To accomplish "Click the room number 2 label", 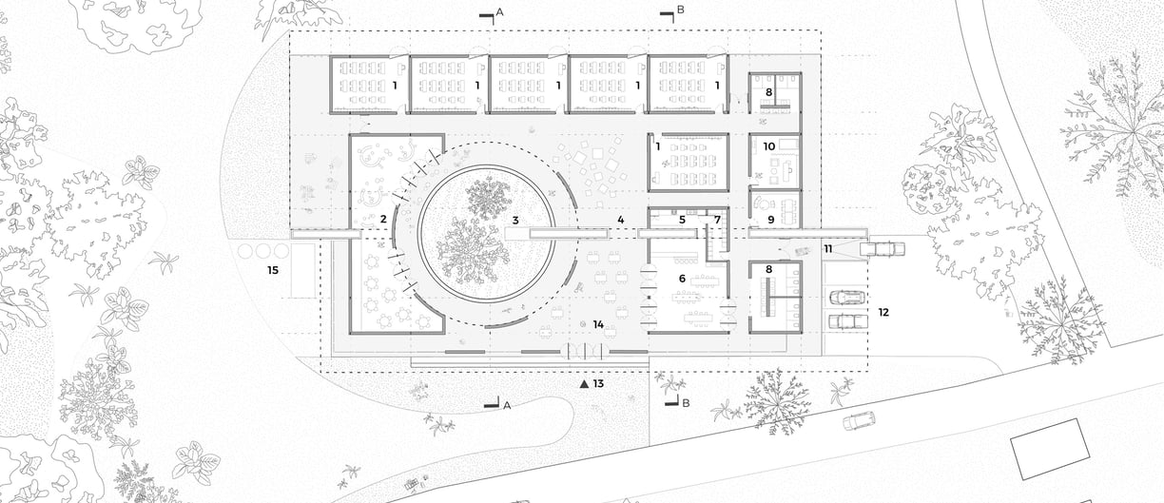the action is pyautogui.click(x=382, y=221).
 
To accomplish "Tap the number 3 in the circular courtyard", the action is pyautogui.click(x=514, y=221).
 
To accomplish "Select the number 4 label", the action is pyautogui.click(x=620, y=221).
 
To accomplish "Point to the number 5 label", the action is pyautogui.click(x=682, y=221).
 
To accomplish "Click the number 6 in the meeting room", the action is pyautogui.click(x=682, y=278).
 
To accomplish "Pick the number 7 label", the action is pyautogui.click(x=718, y=221).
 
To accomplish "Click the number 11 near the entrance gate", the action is pyautogui.click(x=828, y=249).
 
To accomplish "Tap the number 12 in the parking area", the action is pyautogui.click(x=883, y=312).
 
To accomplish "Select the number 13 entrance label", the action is pyautogui.click(x=598, y=384).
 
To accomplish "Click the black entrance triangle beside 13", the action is pyautogui.click(x=584, y=384).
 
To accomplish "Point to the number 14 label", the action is pyautogui.click(x=598, y=325).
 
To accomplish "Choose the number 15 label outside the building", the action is pyautogui.click(x=273, y=271).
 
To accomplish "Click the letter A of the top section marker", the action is pyautogui.click(x=500, y=11).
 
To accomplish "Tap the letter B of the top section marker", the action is pyautogui.click(x=680, y=11).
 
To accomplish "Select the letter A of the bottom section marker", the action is pyautogui.click(x=507, y=405).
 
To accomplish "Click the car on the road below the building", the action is pyautogui.click(x=859, y=420).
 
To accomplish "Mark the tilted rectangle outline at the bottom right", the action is pyautogui.click(x=1051, y=452).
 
